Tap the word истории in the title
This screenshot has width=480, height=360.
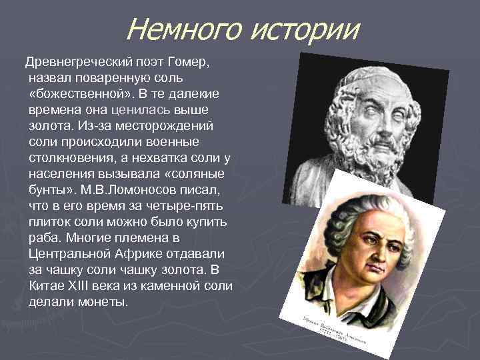coord(303,30)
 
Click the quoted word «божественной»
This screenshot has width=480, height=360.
coord(73,93)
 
